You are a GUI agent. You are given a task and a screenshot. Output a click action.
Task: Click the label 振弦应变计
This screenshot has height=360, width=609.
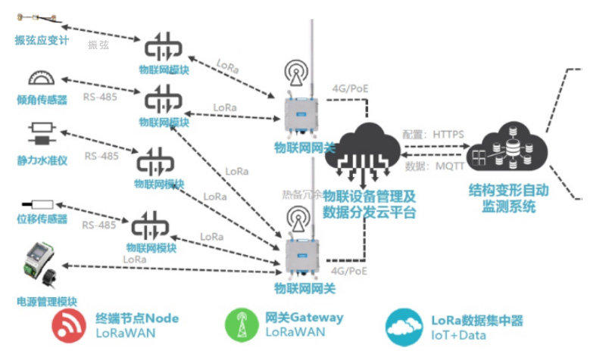tap(41, 40)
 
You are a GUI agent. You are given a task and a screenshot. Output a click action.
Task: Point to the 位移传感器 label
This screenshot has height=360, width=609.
tap(42, 220)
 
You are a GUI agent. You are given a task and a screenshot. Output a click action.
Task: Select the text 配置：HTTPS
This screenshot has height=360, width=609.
tap(434, 134)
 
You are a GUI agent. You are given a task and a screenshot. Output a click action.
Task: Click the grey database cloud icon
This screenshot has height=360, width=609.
tap(508, 147)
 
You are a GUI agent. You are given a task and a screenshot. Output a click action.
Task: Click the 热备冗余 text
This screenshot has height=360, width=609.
tap(301, 194)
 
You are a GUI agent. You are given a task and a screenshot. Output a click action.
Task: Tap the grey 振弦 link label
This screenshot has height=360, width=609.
tap(98, 45)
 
